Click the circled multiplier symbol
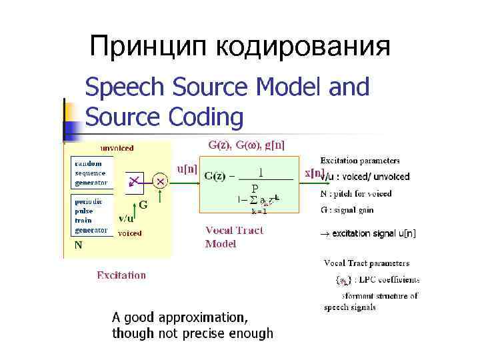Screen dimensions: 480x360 pos(160,180)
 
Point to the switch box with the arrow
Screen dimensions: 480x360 pos(135,180)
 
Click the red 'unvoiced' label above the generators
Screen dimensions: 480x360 pos(117,148)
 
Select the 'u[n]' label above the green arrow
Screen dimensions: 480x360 pos(186,169)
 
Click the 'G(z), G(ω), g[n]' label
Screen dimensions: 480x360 pos(247,144)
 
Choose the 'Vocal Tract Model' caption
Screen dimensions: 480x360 pos(234,237)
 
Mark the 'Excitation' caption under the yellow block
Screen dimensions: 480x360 pos(121,275)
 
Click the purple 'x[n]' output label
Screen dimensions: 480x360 pos(313,173)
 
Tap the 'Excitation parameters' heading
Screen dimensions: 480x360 pos(360,161)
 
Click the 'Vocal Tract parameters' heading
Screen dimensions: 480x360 pos(367,263)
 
